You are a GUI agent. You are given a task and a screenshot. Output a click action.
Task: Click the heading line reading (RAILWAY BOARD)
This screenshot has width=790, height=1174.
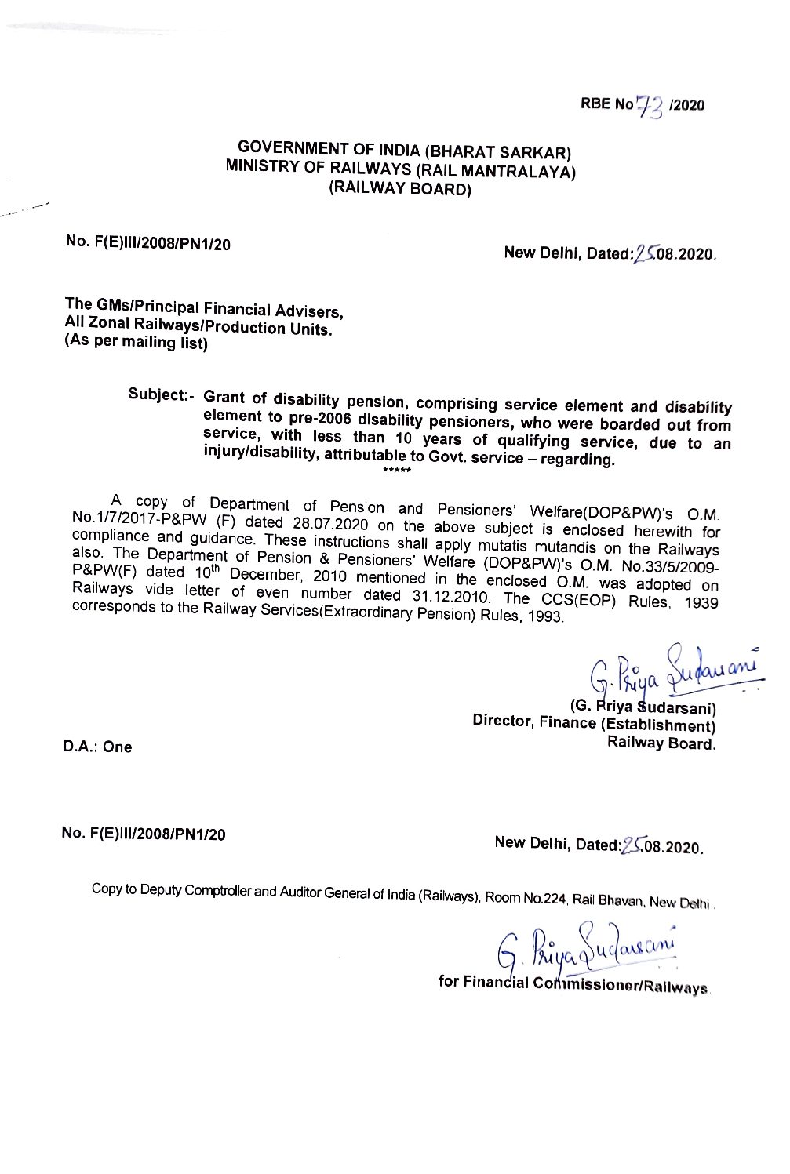tap(399, 188)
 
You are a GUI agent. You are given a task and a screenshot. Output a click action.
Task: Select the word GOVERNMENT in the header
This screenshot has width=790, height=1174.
tap(283, 147)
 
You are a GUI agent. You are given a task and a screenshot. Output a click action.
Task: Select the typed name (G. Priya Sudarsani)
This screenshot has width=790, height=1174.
tap(644, 707)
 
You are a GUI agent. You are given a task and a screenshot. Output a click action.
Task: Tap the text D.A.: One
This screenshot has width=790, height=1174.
tap(97, 747)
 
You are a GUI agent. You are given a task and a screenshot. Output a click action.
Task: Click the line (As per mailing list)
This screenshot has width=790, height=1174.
tap(136, 343)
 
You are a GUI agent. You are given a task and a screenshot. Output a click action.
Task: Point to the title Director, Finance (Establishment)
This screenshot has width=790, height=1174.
tap(594, 723)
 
